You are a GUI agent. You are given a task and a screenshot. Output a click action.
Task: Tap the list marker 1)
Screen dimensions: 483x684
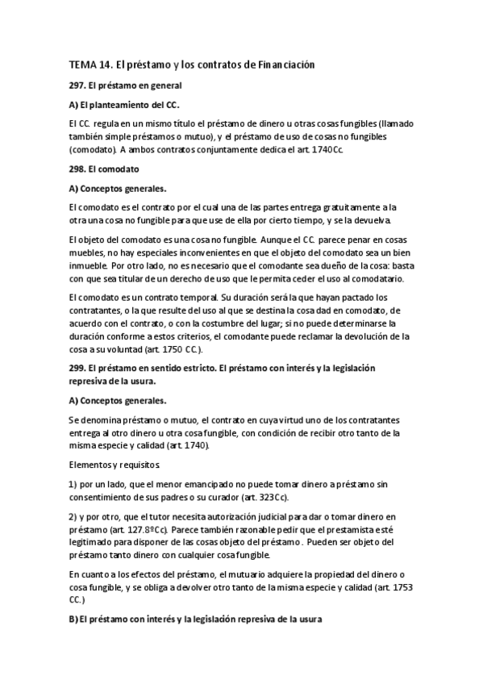tap(73, 483)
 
